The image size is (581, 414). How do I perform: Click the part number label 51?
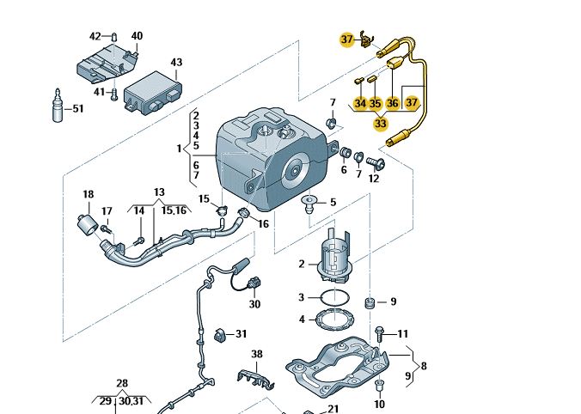click(78, 109)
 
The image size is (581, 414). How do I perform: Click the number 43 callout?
click(176, 63)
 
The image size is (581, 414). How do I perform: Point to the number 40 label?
click(137, 36)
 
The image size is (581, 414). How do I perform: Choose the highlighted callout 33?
click(380, 124)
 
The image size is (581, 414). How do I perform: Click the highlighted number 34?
click(360, 103)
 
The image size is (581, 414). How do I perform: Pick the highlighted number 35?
click(375, 103)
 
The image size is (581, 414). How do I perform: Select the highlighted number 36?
click(393, 103)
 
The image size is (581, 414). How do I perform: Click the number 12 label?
click(373, 179)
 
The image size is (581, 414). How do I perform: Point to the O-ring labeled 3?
click(335, 297)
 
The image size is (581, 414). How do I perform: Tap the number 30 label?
click(254, 304)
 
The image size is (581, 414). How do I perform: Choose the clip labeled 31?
click(217, 333)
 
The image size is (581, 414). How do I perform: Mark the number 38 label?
click(256, 354)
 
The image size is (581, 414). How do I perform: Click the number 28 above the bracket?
click(122, 383)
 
